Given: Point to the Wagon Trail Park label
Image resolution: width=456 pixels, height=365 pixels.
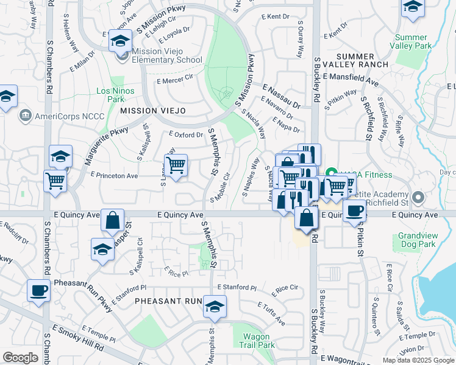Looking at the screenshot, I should [x=260, y=341].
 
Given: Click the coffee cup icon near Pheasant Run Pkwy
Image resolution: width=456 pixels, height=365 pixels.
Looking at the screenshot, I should [x=39, y=291].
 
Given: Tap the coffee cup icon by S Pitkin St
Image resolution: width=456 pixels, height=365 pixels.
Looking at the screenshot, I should [x=354, y=210].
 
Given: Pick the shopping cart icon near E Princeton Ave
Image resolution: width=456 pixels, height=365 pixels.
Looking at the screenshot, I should [x=176, y=164].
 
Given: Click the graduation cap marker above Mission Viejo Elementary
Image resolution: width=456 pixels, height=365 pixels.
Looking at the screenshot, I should [x=120, y=41].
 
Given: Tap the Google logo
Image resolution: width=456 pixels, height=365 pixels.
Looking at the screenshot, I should [x=20, y=358].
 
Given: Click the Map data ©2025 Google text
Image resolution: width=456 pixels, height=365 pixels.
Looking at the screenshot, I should [x=418, y=360].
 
